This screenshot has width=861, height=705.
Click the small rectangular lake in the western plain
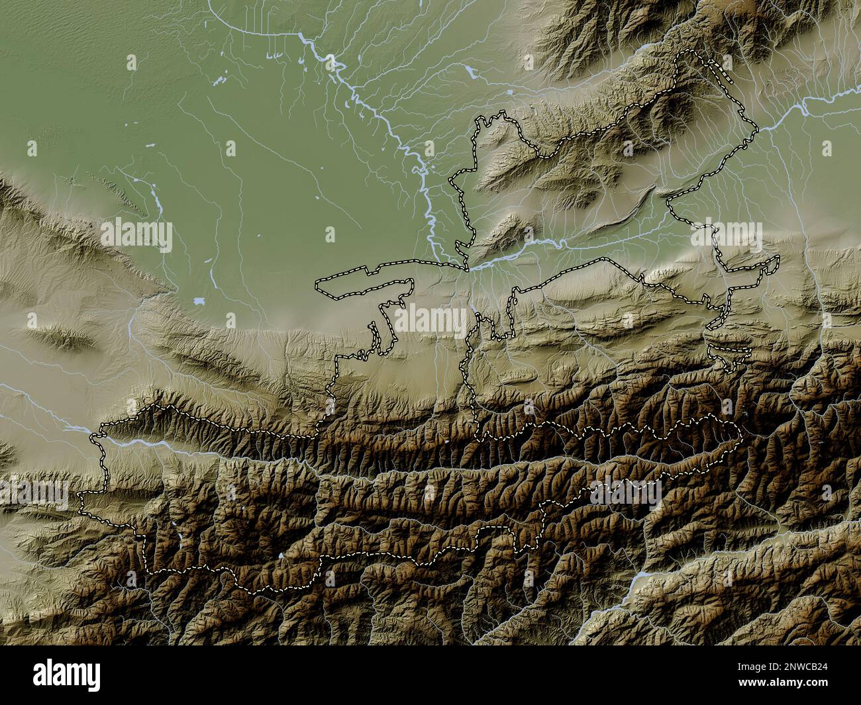[199, 301]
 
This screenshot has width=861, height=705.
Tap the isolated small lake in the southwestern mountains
[280, 556]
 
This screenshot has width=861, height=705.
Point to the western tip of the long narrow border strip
[319, 286]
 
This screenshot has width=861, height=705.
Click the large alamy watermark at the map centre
[430, 321]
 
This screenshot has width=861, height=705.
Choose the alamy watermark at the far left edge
[33, 493]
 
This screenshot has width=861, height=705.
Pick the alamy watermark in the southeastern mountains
[626, 493]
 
